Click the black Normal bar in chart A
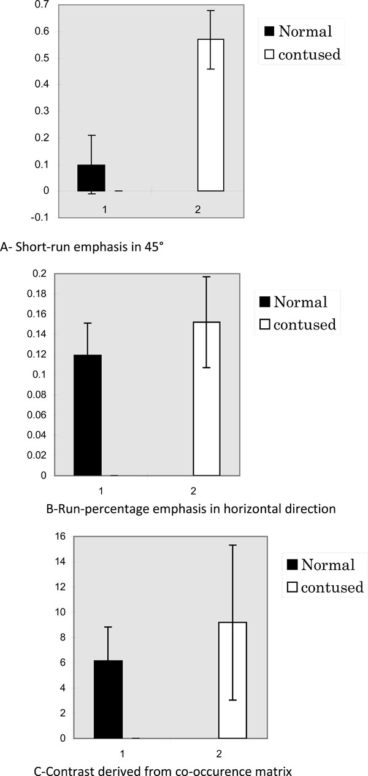click(91, 178)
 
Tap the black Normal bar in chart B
click(88, 415)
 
